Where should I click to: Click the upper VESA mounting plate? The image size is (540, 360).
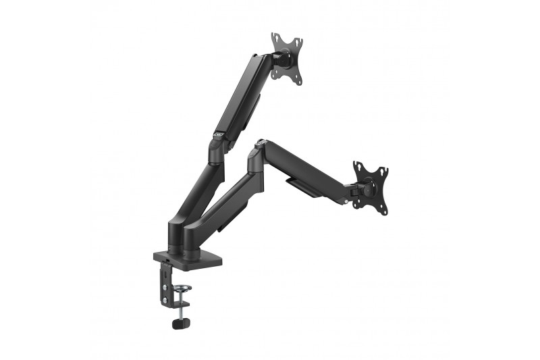(x=286, y=57)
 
